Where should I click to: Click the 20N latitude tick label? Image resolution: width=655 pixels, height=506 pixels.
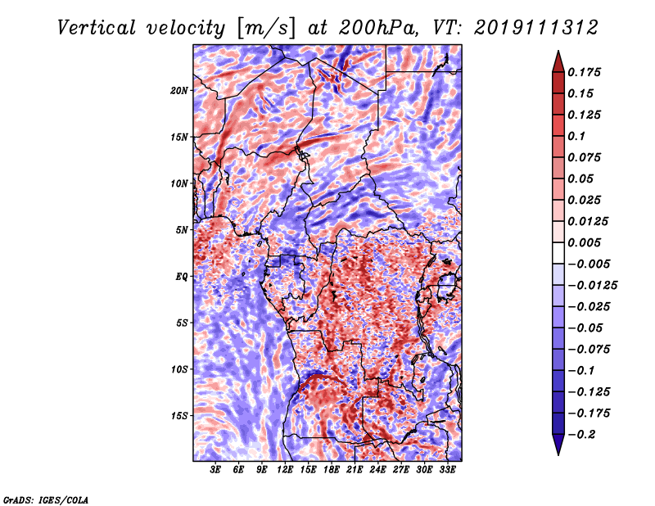(180, 90)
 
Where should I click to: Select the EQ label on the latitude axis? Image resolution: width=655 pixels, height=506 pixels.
(183, 277)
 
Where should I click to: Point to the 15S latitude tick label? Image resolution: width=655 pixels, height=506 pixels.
(180, 416)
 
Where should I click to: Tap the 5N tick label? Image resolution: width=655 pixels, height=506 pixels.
(183, 230)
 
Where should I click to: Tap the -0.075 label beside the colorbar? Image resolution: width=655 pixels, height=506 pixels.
(589, 350)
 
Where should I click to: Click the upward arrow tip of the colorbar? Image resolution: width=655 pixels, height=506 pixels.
(557, 55)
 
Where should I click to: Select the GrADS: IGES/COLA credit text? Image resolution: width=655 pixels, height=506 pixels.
(45, 498)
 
